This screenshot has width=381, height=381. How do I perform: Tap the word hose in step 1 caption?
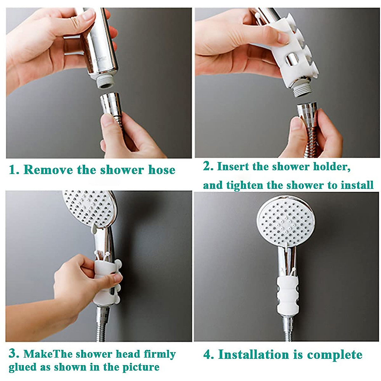pos(162,170)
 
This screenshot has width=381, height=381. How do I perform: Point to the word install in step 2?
pos(357,185)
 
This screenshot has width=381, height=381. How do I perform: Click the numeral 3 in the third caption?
pos(13,354)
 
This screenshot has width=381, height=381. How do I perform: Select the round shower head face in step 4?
pos(285,219)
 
